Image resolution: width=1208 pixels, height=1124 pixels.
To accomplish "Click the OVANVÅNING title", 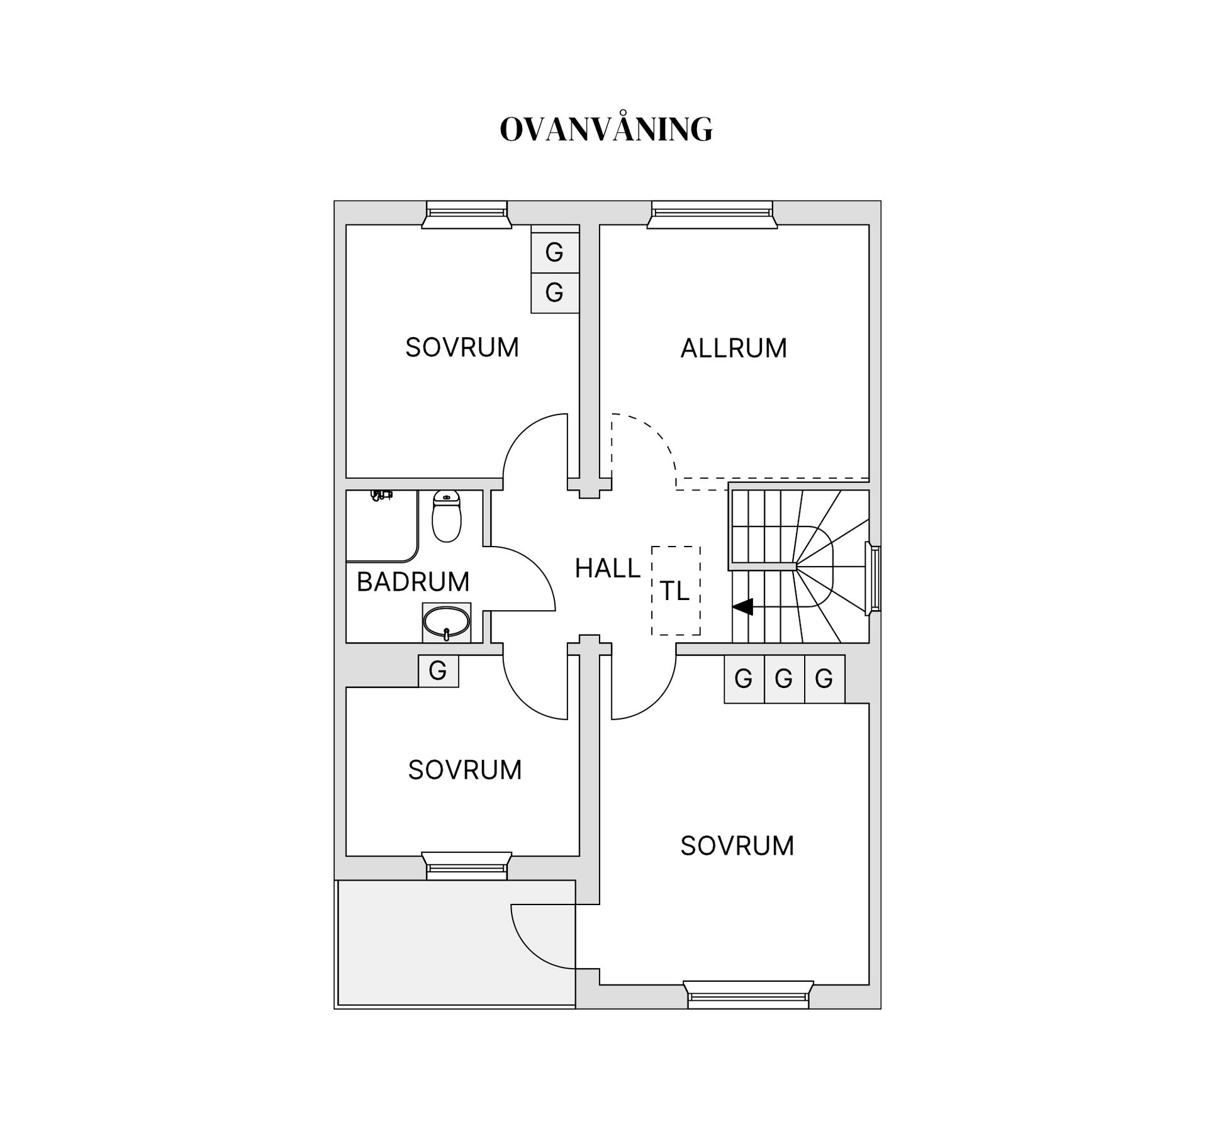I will [x=606, y=130].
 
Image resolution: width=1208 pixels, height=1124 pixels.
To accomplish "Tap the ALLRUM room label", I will [x=734, y=348].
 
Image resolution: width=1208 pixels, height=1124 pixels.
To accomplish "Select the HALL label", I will [x=607, y=569].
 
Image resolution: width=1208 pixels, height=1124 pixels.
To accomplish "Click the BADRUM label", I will [x=413, y=582].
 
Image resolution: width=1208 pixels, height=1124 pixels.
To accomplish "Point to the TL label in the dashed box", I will [x=674, y=591].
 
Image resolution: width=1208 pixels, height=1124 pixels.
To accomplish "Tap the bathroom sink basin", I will [x=446, y=622].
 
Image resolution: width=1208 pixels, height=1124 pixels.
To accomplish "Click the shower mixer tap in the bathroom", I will [x=381, y=496].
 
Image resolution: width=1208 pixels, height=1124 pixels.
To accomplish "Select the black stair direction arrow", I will [x=743, y=607].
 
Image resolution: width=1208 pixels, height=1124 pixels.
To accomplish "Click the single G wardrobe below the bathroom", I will [x=438, y=671].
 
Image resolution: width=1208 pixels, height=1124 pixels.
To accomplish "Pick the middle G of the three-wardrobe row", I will [x=783, y=679].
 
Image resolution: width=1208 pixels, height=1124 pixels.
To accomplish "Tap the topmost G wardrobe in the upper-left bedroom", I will [x=554, y=252].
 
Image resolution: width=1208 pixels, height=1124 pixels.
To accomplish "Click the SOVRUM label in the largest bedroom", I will [x=737, y=846].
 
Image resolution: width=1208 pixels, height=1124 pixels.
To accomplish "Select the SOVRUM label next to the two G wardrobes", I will [x=462, y=348].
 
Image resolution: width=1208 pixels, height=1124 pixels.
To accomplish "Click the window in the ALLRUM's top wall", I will [x=712, y=214].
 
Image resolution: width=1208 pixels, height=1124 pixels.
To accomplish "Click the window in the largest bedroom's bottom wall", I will [x=747, y=994].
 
